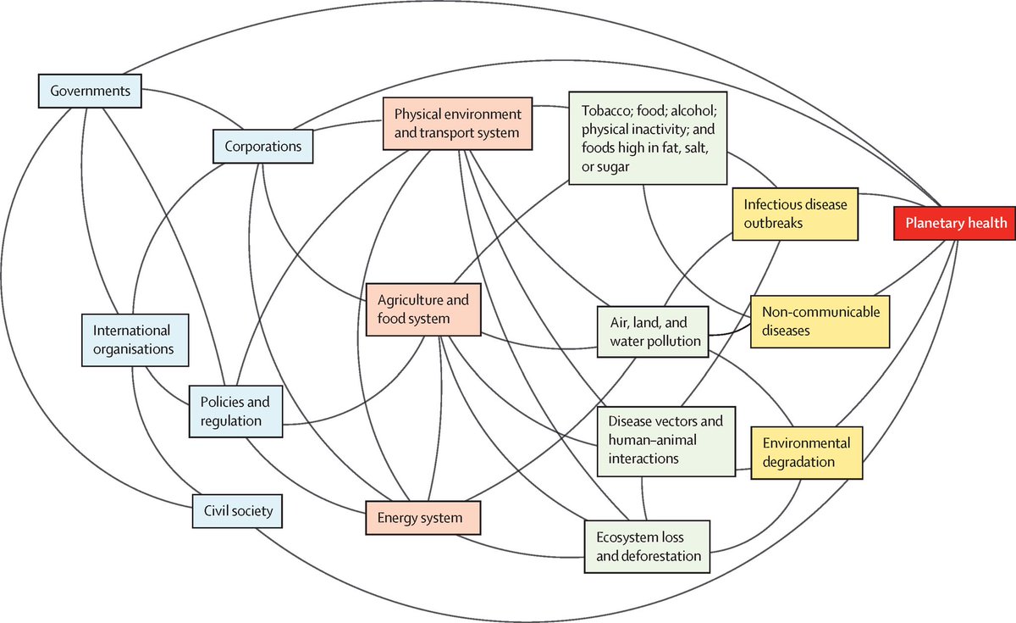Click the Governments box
89,91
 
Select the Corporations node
263,146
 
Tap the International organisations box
134,339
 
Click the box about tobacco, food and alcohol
649,139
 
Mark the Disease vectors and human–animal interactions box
665,439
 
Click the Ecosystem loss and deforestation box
648,546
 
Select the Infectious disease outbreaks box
796,214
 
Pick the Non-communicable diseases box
819,321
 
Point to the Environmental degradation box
806,453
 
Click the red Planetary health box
955,223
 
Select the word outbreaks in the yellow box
773,224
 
